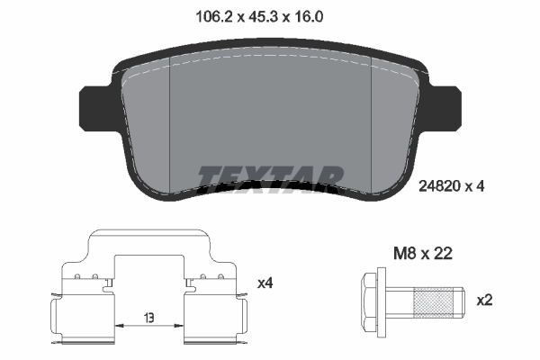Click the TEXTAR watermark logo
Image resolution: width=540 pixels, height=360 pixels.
pos(271,176)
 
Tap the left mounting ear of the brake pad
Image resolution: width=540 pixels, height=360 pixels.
pos(94,107)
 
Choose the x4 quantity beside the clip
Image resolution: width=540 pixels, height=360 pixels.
pos(265,283)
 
